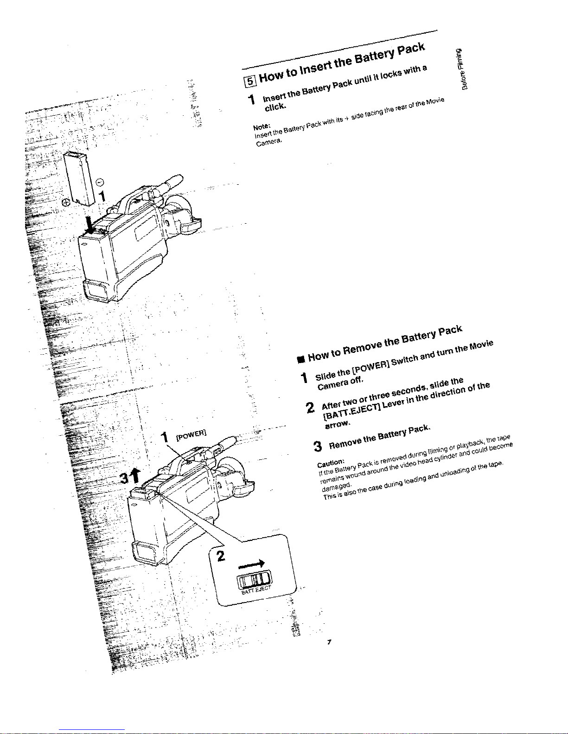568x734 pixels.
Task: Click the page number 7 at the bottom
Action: [328, 642]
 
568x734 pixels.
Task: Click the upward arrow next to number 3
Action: [136, 474]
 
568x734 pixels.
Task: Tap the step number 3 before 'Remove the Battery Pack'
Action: [318, 446]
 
